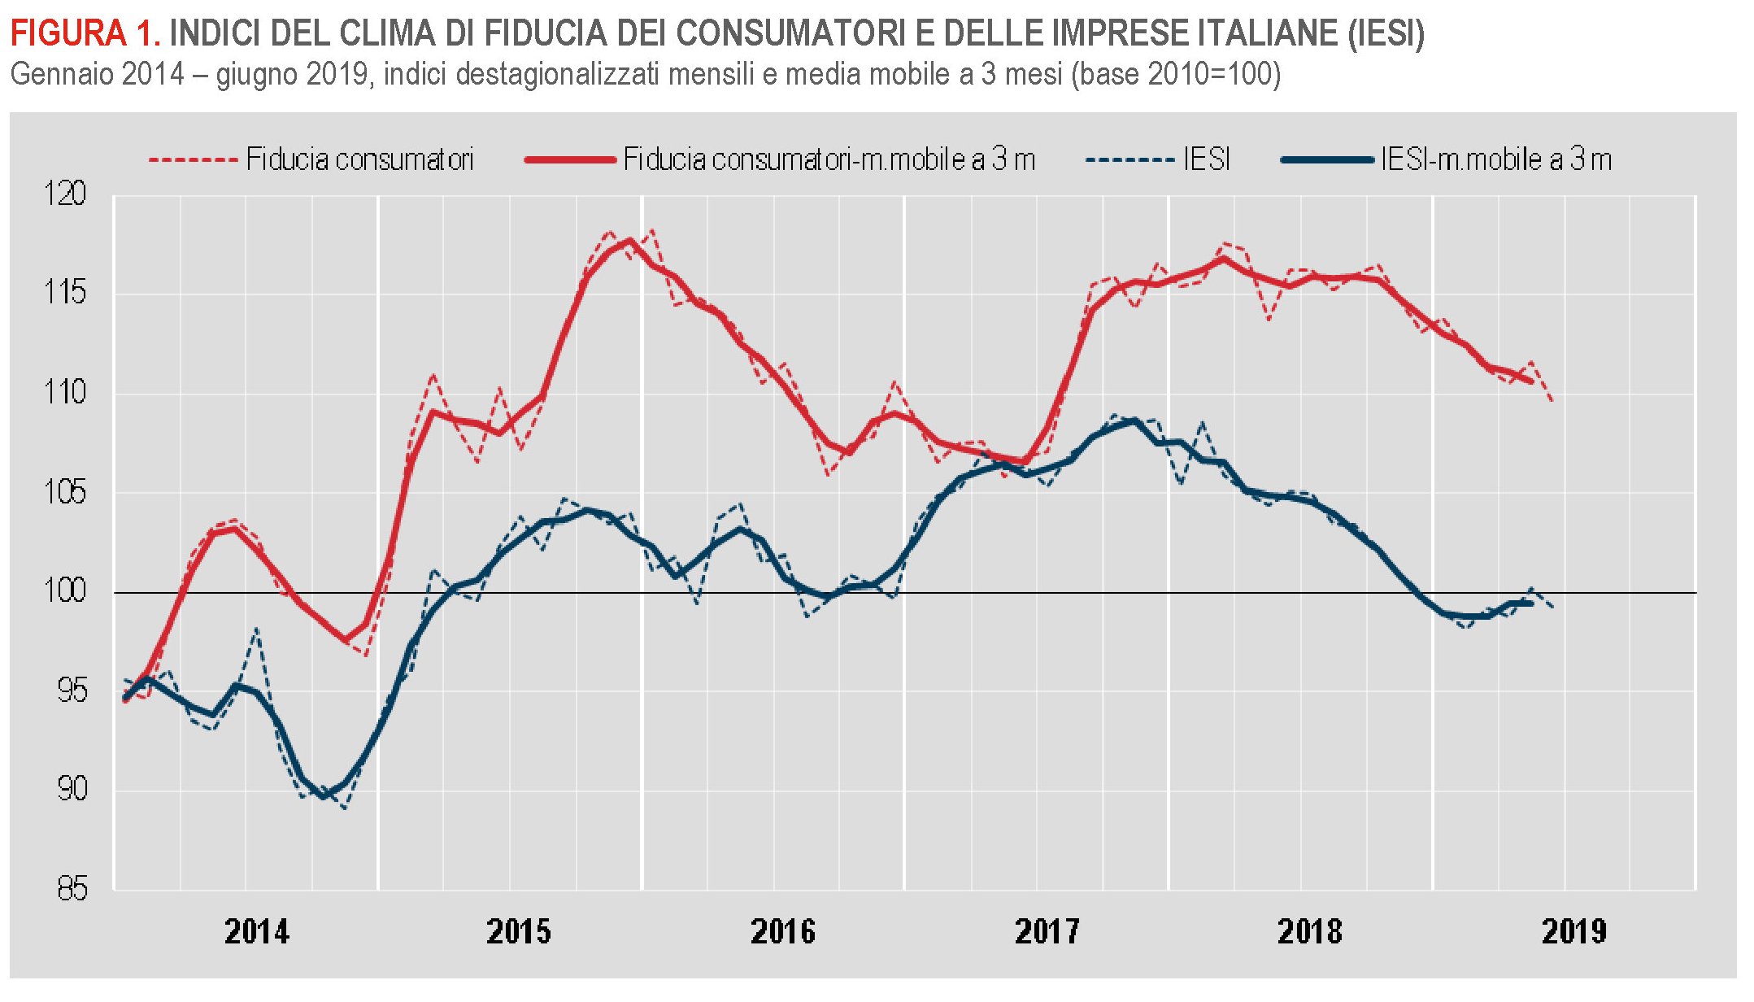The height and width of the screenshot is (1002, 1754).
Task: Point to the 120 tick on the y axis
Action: tap(64, 194)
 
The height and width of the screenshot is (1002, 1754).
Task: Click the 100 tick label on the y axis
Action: tap(64, 591)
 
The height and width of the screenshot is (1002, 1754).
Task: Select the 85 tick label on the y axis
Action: tap(72, 889)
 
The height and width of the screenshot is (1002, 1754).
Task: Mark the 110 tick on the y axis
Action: tap(64, 393)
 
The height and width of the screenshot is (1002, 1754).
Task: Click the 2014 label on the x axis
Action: tap(257, 932)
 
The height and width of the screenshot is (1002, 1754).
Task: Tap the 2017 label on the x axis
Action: tap(1047, 932)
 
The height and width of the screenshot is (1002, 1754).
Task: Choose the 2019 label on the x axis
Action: tap(1574, 932)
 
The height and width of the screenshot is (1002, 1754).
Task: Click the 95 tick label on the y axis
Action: tap(72, 691)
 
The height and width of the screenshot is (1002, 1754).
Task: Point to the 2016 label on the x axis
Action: tap(783, 932)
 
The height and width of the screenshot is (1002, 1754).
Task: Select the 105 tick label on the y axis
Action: tap(64, 492)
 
